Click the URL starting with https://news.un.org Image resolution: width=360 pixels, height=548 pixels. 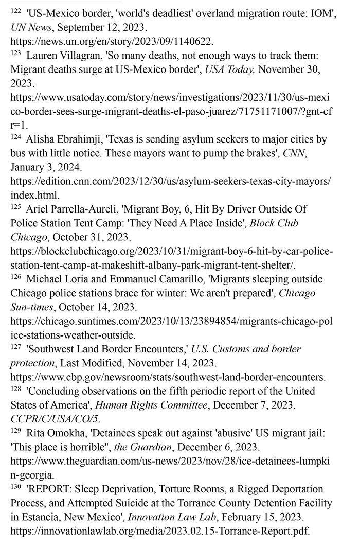[112, 41]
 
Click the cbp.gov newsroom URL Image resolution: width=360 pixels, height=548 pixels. [168, 377]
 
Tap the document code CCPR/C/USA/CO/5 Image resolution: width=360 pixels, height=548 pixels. [56, 419]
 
